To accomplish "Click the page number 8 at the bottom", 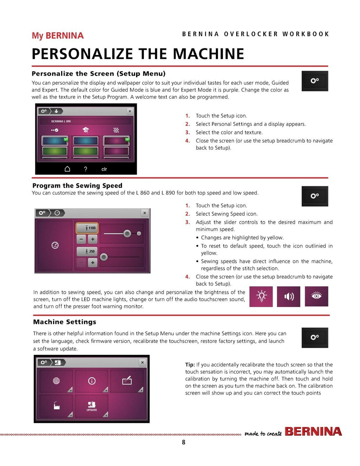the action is coord(184,442).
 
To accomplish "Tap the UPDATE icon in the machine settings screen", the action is coord(92,406).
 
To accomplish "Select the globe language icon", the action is coord(56,381).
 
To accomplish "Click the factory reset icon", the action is coord(56,405).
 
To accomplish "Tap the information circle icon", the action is coord(92,381).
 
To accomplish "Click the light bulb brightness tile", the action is coord(261,296).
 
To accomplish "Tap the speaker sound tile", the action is coord(288,296).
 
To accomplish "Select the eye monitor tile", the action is coord(316,296).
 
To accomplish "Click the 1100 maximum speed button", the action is coord(87,228).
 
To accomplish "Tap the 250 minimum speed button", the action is coord(87,251).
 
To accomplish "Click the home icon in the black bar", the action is coord(67,169).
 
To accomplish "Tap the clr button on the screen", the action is coord(104,169).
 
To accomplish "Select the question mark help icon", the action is coord(85,169).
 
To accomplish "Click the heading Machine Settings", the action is coord(65,322).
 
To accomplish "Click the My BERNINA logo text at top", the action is coord(58,35).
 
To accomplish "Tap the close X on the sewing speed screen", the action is coord(144,213).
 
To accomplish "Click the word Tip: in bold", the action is coord(190,364).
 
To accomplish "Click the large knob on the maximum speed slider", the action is coord(127,233).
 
